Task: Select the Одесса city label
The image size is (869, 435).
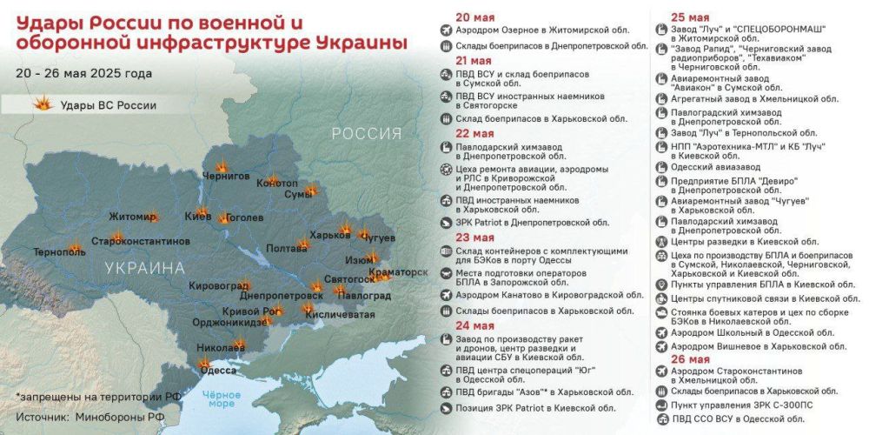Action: [218, 369]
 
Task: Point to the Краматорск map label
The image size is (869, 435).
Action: [399, 272]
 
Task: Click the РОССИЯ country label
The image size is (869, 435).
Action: [366, 134]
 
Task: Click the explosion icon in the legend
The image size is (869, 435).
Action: [40, 105]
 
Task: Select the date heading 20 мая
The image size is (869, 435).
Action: [474, 17]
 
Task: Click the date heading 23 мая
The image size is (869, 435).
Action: [474, 237]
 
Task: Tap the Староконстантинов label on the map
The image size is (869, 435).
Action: [140, 240]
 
